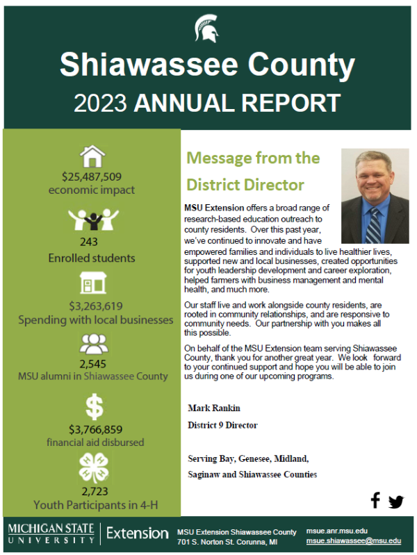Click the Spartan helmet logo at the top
tap(207, 28)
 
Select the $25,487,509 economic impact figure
tap(92, 176)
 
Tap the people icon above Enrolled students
tap(92, 220)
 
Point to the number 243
tap(89, 242)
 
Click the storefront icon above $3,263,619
tap(92, 283)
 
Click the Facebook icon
tap(375, 499)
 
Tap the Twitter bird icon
tap(396, 501)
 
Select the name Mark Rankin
tap(212, 408)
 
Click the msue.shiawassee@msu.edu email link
tap(354, 540)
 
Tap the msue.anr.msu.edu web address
tap(337, 530)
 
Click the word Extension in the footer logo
tap(138, 533)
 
